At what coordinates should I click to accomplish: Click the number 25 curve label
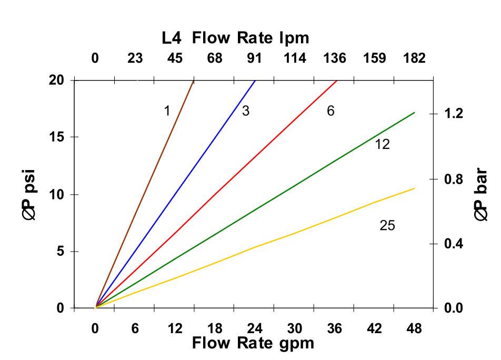coord(387,226)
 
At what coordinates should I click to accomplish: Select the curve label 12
coord(382,144)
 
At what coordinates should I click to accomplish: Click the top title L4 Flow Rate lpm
coord(235,38)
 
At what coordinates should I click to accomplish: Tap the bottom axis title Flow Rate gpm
coord(253,344)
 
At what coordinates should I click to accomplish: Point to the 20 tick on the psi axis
coord(56,80)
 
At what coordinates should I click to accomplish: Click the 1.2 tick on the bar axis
coord(453,114)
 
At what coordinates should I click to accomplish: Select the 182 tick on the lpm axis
coord(414,58)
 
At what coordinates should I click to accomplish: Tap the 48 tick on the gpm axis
coord(414,329)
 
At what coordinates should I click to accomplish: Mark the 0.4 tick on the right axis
coord(453,244)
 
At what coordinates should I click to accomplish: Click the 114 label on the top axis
coord(295,58)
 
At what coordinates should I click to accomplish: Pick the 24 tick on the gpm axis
coord(255,329)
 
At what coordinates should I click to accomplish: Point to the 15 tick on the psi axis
coord(56,137)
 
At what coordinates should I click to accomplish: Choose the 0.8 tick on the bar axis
coord(453,179)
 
